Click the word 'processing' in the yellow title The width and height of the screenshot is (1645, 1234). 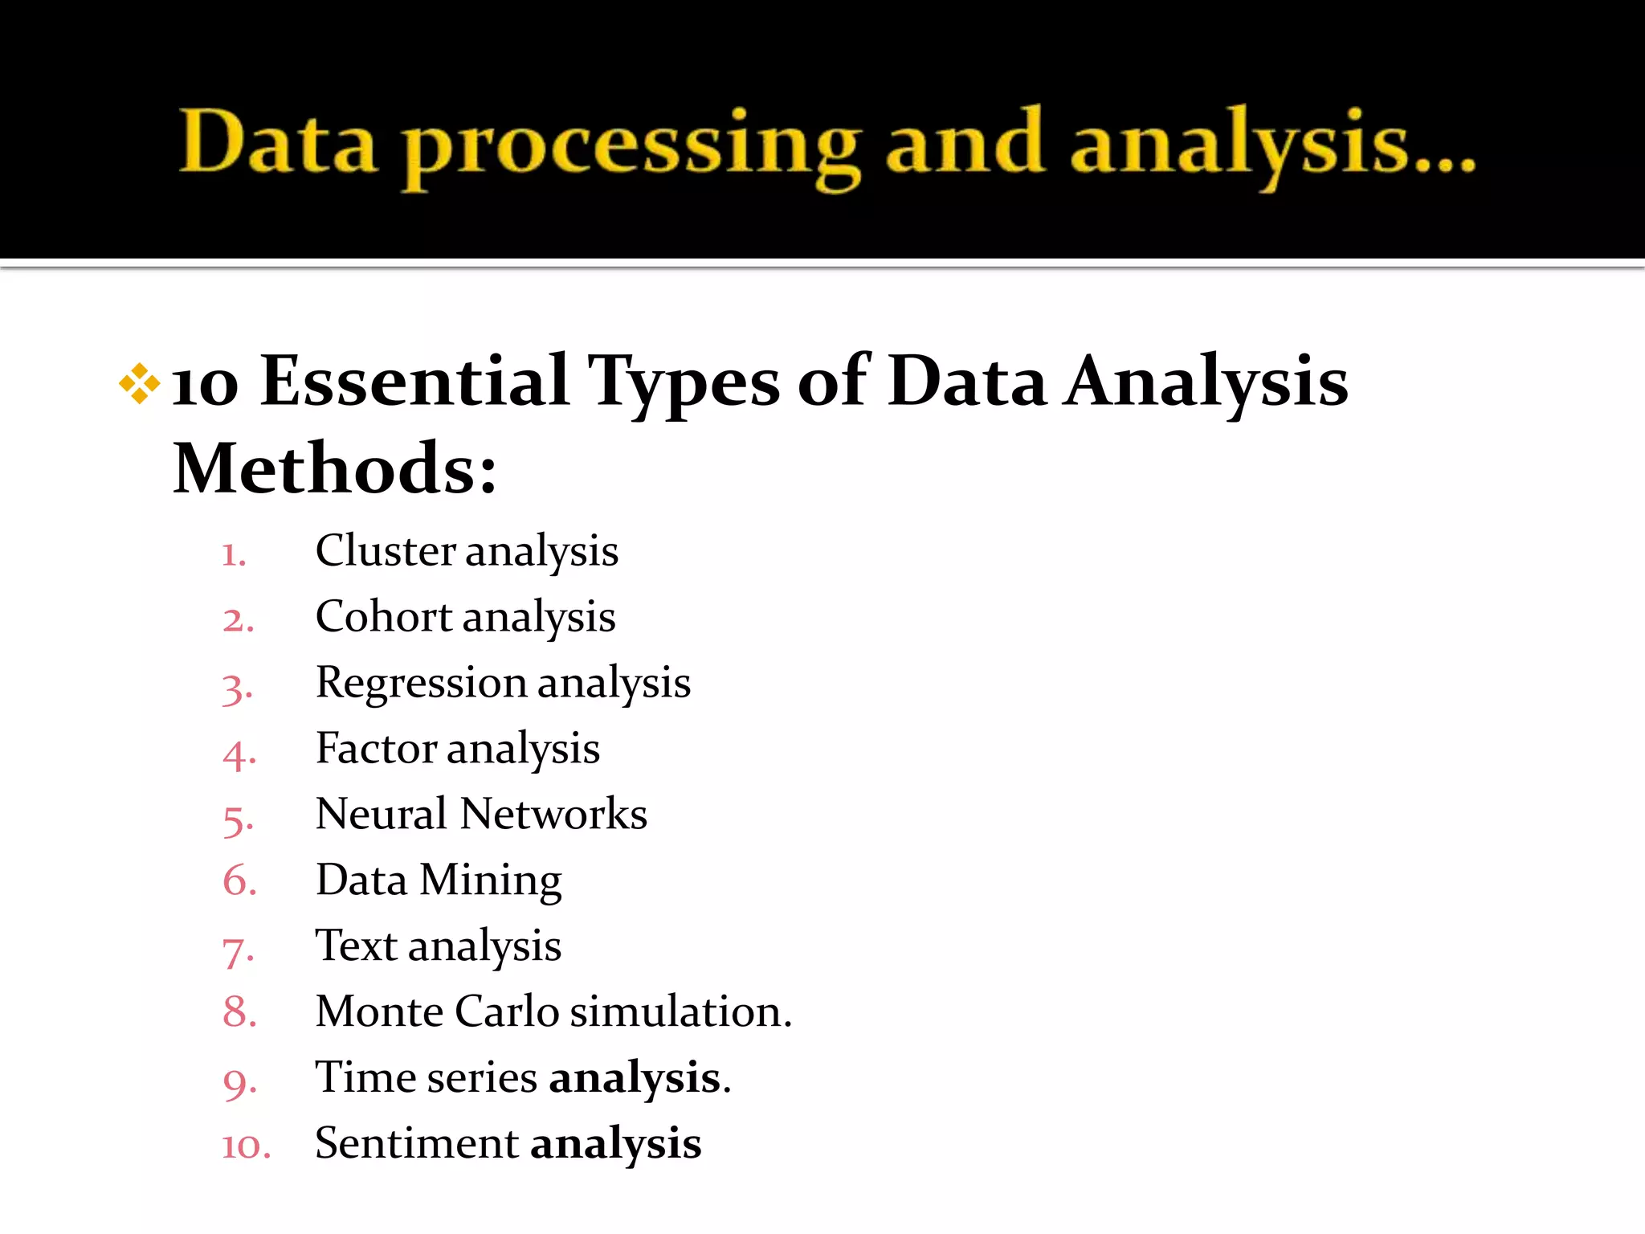pyautogui.click(x=631, y=145)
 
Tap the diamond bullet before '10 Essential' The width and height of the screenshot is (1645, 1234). pyautogui.click(x=139, y=383)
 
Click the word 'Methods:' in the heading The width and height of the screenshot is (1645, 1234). pyautogui.click(x=335, y=468)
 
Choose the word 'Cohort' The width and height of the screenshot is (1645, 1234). pyautogui.click(x=384, y=617)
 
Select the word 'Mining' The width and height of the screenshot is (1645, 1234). pyautogui.click(x=490, y=881)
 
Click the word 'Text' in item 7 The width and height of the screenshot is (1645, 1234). pyautogui.click(x=356, y=946)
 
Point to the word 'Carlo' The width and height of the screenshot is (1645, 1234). pyautogui.click(x=507, y=1011)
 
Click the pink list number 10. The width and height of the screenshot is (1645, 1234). pyautogui.click(x=246, y=1146)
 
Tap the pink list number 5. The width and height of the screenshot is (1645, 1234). pyautogui.click(x=239, y=820)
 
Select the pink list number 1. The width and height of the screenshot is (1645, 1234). pyautogui.click(x=234, y=555)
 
